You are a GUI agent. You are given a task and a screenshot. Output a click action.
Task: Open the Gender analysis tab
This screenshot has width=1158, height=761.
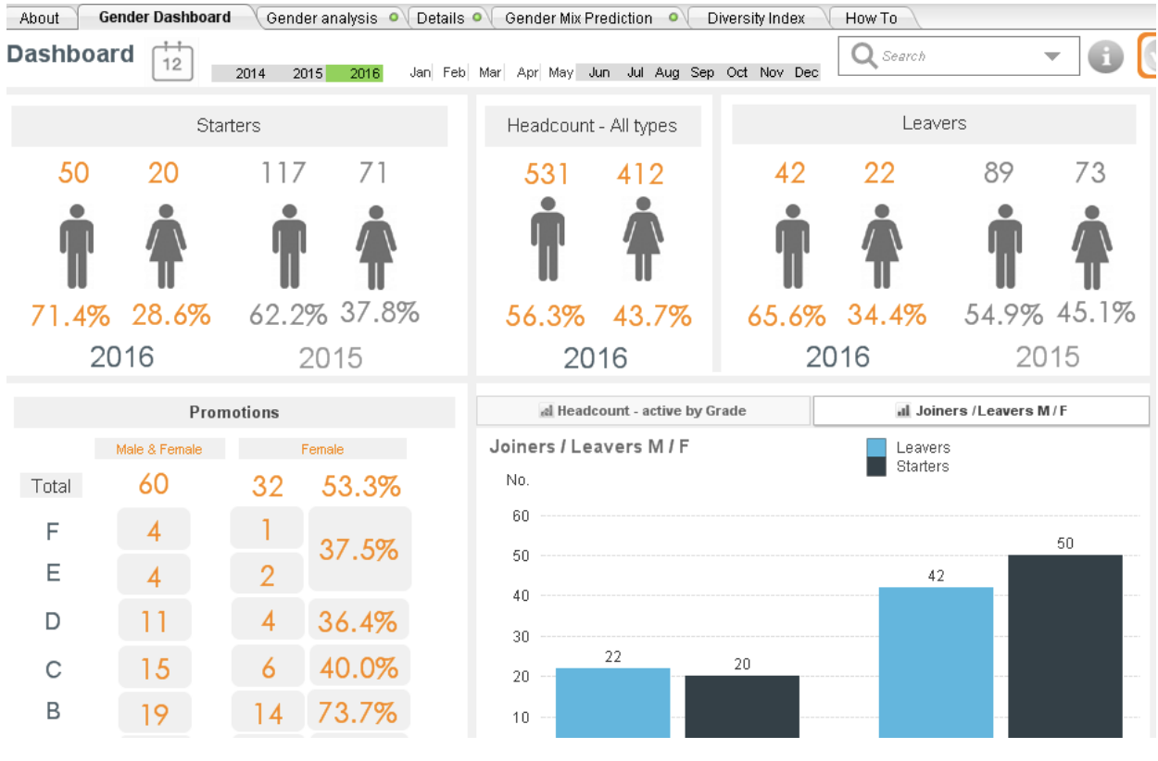[x=321, y=18]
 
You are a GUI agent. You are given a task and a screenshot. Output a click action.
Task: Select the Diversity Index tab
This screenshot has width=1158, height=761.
[x=755, y=18]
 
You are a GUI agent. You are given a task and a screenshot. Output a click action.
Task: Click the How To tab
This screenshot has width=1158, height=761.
[x=871, y=18]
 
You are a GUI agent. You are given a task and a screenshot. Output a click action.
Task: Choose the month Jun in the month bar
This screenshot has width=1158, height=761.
[x=599, y=72]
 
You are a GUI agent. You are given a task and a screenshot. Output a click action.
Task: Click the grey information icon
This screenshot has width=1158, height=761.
[x=1105, y=56]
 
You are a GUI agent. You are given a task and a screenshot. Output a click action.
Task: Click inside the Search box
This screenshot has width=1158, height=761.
[x=950, y=56]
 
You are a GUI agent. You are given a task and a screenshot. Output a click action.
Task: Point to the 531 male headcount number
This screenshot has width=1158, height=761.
[x=547, y=174]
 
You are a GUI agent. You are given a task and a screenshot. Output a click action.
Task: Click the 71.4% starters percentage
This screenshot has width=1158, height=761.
[x=70, y=316]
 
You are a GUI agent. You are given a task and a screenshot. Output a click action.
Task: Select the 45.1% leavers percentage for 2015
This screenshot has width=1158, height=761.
[x=1096, y=313]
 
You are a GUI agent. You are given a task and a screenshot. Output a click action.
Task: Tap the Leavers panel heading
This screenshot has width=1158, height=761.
[x=934, y=124]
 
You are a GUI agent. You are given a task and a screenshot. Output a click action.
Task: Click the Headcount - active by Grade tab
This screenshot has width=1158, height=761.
[x=643, y=411]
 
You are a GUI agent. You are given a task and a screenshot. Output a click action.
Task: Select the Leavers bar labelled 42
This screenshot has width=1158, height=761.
[x=936, y=662]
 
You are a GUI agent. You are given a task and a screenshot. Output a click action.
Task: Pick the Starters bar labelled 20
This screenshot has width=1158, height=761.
[x=742, y=705]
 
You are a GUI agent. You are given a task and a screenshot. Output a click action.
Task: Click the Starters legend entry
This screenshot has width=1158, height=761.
[x=922, y=467]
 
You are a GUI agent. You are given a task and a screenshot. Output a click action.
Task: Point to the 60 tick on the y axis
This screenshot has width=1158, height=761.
[x=520, y=516]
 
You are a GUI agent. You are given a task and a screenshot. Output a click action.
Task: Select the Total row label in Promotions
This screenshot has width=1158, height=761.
[x=51, y=486]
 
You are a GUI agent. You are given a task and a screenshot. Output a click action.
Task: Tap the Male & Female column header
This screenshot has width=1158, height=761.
[x=158, y=449]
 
